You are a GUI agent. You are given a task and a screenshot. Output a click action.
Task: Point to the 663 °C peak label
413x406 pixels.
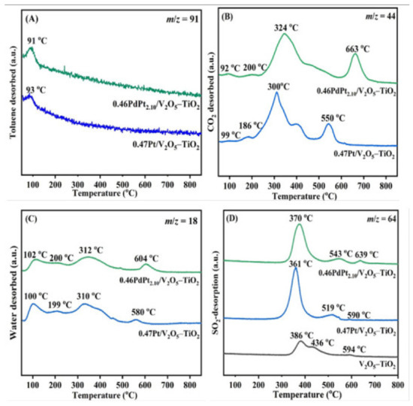[356, 48]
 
